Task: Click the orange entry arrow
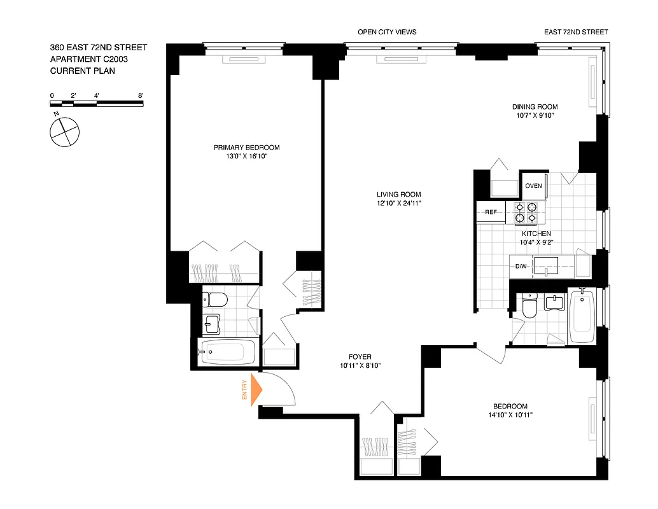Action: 256,390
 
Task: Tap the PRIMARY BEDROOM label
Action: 246,148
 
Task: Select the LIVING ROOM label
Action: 398,195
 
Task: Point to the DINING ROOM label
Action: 535,107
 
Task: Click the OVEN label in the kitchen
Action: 533,186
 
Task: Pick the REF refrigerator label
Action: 491,213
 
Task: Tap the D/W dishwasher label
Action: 521,266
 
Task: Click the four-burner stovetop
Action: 526,213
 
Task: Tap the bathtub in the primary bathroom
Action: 228,351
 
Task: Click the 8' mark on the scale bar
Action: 141,95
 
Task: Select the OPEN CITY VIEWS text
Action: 387,32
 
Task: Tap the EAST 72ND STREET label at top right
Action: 576,32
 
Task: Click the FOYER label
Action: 360,357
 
